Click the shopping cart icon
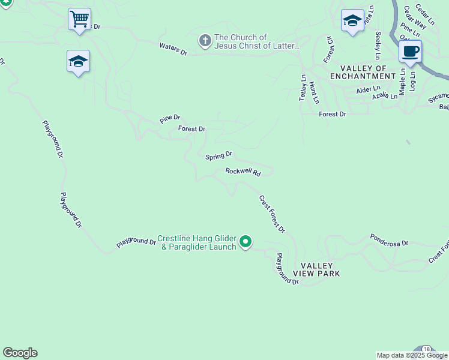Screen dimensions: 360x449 79,19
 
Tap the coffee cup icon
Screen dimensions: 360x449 410,51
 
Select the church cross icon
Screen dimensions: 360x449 205,41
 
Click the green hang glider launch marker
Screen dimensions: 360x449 246,242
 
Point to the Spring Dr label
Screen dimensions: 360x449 218,156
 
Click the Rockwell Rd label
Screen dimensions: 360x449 243,172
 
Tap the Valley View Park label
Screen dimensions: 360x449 316,269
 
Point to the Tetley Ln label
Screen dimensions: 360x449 303,88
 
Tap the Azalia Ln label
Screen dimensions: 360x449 385,96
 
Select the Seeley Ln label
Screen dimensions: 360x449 378,46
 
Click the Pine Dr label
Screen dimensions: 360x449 170,119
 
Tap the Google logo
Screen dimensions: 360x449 20,353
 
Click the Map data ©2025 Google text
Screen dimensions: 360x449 412,355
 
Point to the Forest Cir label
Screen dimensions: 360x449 328,49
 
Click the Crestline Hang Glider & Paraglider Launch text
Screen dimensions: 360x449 196,242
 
